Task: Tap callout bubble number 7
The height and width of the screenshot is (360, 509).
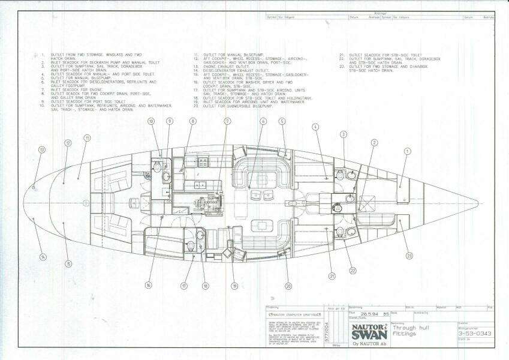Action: coord(227,121)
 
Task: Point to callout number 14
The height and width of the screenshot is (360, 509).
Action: coord(43,257)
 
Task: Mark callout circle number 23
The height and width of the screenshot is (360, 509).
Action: coord(409,256)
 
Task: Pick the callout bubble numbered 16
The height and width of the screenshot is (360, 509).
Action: coord(147,286)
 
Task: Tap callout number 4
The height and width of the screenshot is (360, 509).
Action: coord(315,127)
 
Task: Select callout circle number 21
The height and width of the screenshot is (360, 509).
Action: coord(332,276)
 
